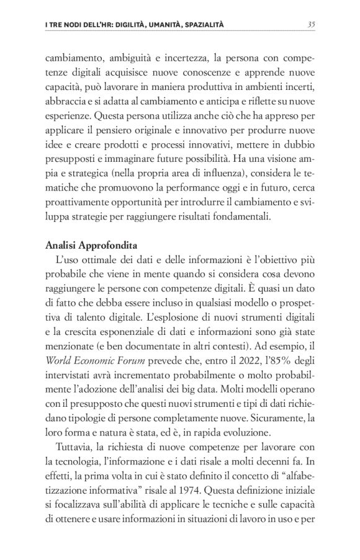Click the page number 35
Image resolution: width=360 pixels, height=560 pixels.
311,24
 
